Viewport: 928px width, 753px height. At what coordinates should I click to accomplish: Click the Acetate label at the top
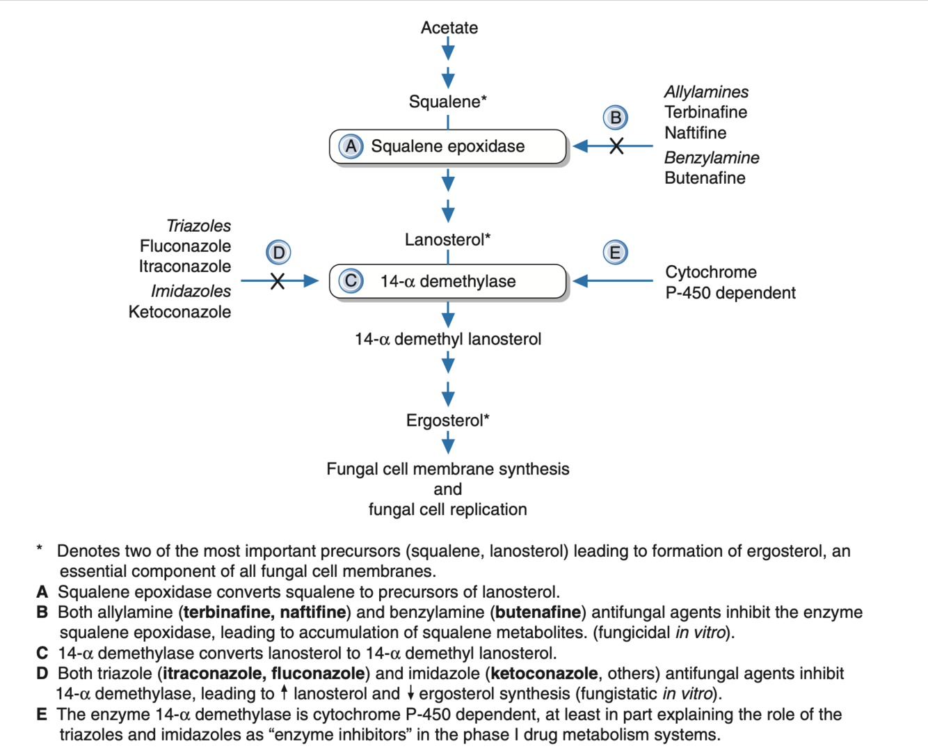(x=449, y=28)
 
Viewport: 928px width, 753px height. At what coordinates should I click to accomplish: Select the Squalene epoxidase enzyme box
(x=448, y=147)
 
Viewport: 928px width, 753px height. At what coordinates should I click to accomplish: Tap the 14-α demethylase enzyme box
(x=448, y=281)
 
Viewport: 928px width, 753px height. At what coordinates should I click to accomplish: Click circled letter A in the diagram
(x=351, y=146)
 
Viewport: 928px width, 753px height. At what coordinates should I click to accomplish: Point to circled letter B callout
(x=615, y=118)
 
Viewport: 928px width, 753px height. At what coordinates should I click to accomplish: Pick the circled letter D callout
(x=278, y=252)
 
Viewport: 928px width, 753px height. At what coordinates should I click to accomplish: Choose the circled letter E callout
(x=615, y=252)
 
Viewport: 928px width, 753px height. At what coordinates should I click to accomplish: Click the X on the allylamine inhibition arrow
(x=616, y=146)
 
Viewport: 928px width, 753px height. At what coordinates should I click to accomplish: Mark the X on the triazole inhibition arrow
(x=278, y=281)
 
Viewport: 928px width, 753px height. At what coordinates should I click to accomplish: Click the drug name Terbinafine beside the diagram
(x=705, y=112)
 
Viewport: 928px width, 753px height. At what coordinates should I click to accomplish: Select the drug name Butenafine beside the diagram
(x=705, y=177)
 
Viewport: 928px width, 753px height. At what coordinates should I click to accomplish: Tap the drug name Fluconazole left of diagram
(x=185, y=246)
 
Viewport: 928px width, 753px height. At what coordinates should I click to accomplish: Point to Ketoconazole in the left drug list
(x=179, y=312)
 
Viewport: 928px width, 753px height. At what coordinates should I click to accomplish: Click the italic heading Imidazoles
(x=191, y=291)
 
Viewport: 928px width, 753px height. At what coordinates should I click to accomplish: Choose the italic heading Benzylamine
(x=711, y=158)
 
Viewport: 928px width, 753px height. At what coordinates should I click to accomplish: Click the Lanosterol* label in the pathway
(x=447, y=239)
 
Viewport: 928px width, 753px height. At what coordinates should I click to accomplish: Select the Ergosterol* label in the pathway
(x=447, y=420)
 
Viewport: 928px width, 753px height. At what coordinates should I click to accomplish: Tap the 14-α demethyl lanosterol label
(x=447, y=339)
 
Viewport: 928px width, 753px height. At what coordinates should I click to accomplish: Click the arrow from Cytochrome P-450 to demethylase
(x=612, y=281)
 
